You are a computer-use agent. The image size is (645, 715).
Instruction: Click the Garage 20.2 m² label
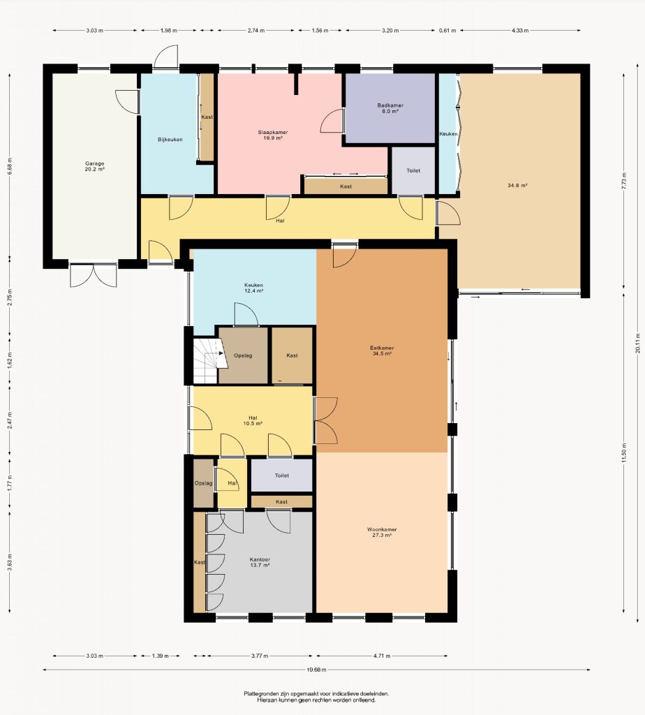coord(95,166)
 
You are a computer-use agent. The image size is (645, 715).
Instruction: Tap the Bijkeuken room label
coord(170,140)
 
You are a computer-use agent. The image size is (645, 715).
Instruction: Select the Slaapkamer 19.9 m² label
coord(273,135)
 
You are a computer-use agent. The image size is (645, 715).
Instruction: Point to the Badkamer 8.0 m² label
coord(390,108)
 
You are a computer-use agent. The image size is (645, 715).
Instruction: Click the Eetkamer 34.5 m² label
coord(382,351)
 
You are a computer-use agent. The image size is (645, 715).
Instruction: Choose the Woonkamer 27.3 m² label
coord(382,532)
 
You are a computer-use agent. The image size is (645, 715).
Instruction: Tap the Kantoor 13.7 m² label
coord(260,562)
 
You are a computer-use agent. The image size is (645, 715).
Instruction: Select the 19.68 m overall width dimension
coord(317,670)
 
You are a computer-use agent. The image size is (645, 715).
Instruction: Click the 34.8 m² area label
coord(517,186)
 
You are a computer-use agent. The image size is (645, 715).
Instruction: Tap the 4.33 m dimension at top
coord(520,31)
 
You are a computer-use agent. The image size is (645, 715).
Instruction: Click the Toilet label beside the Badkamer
coord(413,170)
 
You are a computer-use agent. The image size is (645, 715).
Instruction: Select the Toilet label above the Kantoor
coord(282,475)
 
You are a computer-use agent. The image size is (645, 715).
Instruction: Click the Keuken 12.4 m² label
coord(253,288)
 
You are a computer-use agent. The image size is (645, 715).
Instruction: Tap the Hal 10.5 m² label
coord(253,420)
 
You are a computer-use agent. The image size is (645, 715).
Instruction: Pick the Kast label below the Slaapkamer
coord(346,186)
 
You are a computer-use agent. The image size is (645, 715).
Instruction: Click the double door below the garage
coord(94,275)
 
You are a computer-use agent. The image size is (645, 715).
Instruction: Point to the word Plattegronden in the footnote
coord(262,694)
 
